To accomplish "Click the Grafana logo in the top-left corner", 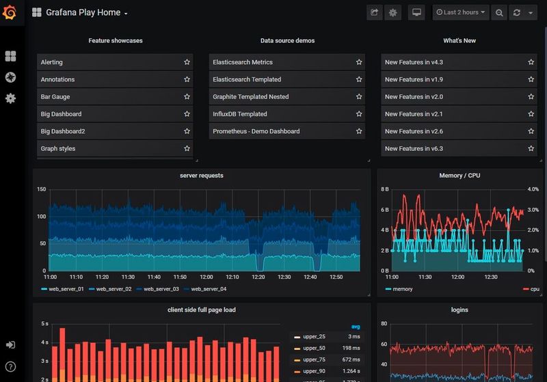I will [10, 12].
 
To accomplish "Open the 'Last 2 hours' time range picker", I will [461, 12].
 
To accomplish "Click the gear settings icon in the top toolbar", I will [392, 12].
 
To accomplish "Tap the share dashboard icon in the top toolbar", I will [374, 12].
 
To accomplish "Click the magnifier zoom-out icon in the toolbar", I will [499, 12].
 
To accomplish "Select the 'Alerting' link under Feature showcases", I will [52, 62].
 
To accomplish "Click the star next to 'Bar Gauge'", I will [187, 97].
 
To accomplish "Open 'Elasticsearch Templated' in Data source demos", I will [247, 79].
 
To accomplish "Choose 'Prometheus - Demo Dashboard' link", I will [256, 131].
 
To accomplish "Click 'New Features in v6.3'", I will [414, 148].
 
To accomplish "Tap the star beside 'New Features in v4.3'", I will [531, 62].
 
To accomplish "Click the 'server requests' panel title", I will [201, 176].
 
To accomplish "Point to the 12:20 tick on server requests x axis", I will [257, 277].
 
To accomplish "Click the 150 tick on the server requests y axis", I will [42, 189].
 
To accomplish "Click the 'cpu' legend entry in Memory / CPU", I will [535, 289].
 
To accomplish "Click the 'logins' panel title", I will [459, 310].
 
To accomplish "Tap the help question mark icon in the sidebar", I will [10, 367].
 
